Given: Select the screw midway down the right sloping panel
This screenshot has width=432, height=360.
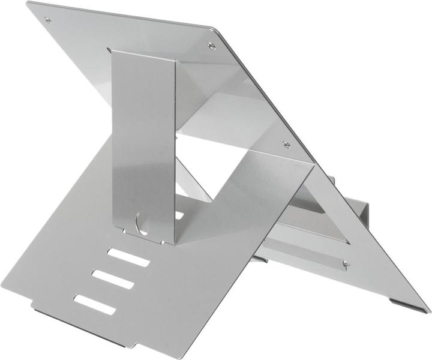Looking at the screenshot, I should click(286, 144).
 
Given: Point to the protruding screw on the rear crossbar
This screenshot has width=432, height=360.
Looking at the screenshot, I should click(346, 262).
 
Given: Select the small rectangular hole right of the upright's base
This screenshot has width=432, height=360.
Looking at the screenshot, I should click(179, 214).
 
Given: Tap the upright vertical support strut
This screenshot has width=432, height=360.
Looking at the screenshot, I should click(144, 138).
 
